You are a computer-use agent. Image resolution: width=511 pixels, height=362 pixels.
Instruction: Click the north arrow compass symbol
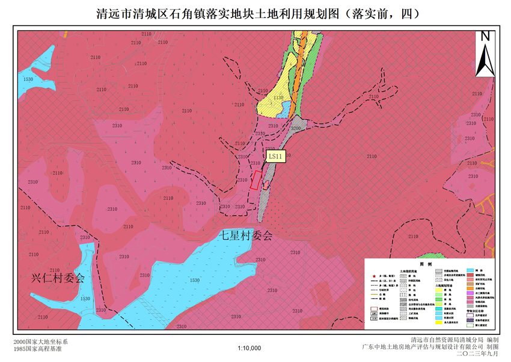pyautogui.click(x=486, y=60)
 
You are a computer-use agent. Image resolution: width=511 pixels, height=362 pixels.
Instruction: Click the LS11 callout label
pyautogui.click(x=276, y=156)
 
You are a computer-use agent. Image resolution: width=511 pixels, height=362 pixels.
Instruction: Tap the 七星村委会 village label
pyautogui.click(x=245, y=236)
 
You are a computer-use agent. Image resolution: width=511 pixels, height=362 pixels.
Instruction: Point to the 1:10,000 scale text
pyautogui.click(x=249, y=348)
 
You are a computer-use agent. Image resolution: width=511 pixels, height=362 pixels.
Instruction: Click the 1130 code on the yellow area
pyautogui.click(x=277, y=98)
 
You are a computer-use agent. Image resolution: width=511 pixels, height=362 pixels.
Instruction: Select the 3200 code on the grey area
pyautogui.click(x=295, y=128)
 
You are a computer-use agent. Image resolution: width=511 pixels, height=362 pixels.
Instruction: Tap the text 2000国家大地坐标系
pyautogui.click(x=40, y=342)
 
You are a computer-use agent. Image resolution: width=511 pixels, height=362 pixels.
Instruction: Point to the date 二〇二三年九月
pyautogui.click(x=478, y=354)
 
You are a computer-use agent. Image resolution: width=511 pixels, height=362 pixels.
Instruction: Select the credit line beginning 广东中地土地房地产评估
pyautogui.click(x=430, y=348)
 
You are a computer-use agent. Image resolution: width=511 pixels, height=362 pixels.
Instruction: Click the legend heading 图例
pyautogui.click(x=426, y=264)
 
